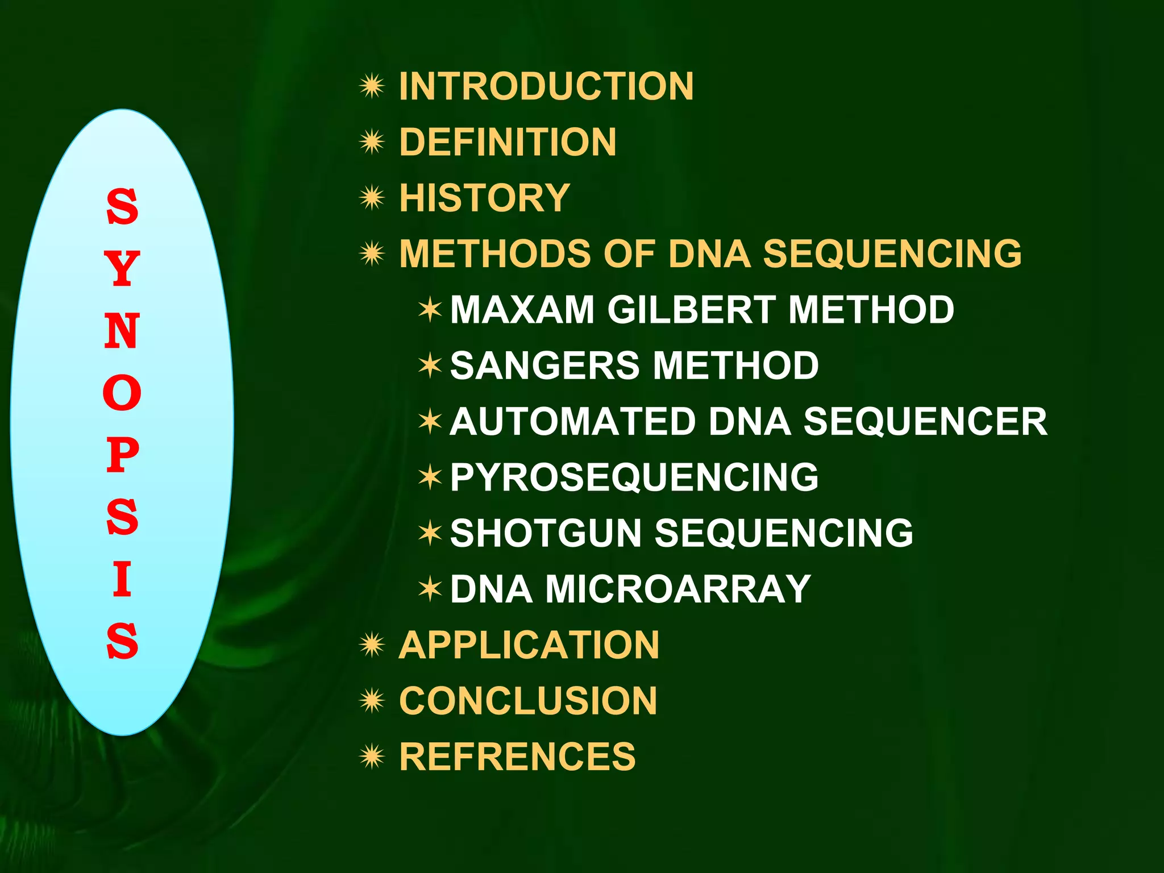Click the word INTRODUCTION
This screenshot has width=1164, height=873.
[x=546, y=86]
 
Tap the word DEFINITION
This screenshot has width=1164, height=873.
[x=508, y=142]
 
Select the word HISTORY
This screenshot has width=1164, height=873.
[x=484, y=198]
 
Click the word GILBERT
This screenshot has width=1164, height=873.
[x=691, y=310]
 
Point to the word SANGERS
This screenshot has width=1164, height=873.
[x=544, y=365]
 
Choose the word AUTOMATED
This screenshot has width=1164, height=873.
[x=572, y=422]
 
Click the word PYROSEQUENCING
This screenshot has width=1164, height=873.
[x=634, y=477]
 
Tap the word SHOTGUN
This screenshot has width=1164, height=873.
[x=546, y=533]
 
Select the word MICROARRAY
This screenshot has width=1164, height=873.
[x=677, y=589]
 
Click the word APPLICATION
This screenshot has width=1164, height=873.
[x=529, y=645]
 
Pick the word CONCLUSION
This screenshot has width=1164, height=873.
[x=528, y=701]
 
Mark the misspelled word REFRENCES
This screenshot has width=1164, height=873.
[x=517, y=756]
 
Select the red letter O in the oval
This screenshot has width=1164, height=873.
[x=122, y=393]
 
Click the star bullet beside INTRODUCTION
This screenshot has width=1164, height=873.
[x=372, y=86]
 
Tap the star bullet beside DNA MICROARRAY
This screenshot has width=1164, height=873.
[x=430, y=589]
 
